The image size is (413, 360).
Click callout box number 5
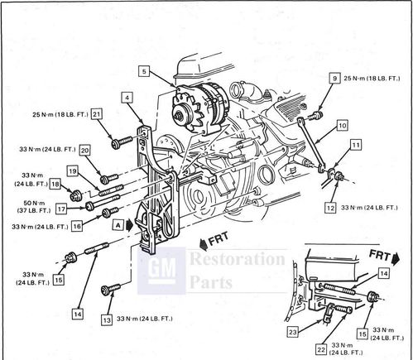coord(144,71)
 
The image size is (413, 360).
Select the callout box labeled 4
coord(127,98)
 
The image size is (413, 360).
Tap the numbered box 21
coord(96,114)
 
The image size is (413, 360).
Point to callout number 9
coord(335,79)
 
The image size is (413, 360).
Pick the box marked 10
coord(342,126)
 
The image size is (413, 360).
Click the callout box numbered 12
coord(330,208)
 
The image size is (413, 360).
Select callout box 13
coord(107,320)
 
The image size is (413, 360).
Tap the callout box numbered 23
coord(292,332)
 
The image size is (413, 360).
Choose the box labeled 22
coord(321,349)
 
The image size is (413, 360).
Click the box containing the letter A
coord(118,226)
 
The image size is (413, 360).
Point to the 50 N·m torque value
coord(34,204)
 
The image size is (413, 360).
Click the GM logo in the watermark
coord(161,271)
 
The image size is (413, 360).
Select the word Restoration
coord(238,259)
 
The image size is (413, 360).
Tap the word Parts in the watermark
coord(211,282)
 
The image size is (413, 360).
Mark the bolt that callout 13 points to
coord(111,289)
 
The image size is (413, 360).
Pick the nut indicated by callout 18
coord(74,195)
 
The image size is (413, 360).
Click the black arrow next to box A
coord(129,225)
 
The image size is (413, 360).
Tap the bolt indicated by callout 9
coord(316,115)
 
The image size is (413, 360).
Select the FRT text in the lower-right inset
coord(380,255)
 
